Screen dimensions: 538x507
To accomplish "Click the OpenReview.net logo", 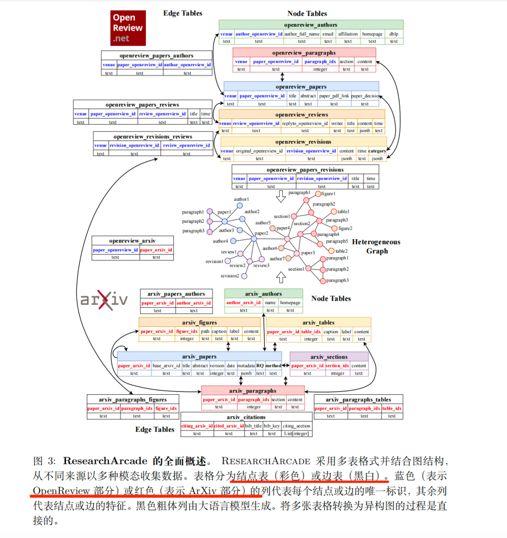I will coord(128,28).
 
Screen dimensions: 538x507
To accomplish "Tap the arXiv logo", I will coord(104,300).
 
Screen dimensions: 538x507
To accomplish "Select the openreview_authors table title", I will coord(310,25).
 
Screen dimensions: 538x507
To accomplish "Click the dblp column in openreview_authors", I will coord(393,34).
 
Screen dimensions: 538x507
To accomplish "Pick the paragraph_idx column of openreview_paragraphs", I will coord(320,62).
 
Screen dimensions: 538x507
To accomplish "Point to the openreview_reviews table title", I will coord(301,114).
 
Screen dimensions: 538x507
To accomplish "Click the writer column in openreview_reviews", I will coord(337,124).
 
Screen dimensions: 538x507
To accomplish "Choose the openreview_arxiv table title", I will coord(132,241).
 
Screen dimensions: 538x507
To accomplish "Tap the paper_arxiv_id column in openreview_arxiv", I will coord(156,250).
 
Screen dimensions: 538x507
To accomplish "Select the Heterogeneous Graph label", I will coord(376,246).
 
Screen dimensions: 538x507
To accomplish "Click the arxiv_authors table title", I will coord(263,294).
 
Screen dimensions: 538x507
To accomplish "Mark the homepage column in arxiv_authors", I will coord(290,303).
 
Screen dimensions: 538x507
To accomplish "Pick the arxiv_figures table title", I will coord(200,322).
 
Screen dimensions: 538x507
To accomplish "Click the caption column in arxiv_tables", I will coord(330,332).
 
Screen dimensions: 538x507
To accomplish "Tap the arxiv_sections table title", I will coord(329,357).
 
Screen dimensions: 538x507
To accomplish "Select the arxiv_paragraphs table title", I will coord(253,390).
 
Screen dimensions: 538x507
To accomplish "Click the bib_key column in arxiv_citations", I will coord(272,426).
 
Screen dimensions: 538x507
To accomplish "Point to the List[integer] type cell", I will coord(296,434).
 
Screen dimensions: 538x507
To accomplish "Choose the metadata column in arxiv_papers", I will coord(246,366).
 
